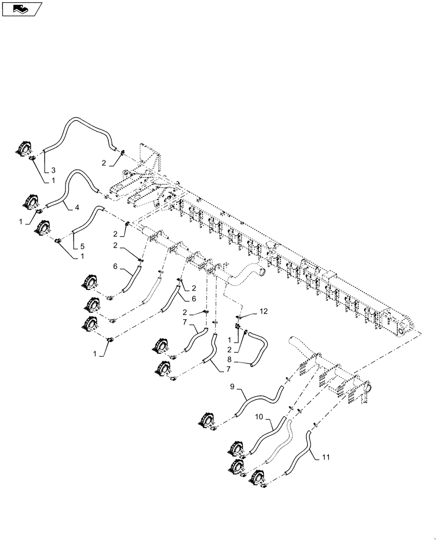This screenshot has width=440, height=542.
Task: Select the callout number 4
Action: click(x=77, y=207)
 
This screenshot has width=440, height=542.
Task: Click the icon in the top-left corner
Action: click(x=23, y=9)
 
